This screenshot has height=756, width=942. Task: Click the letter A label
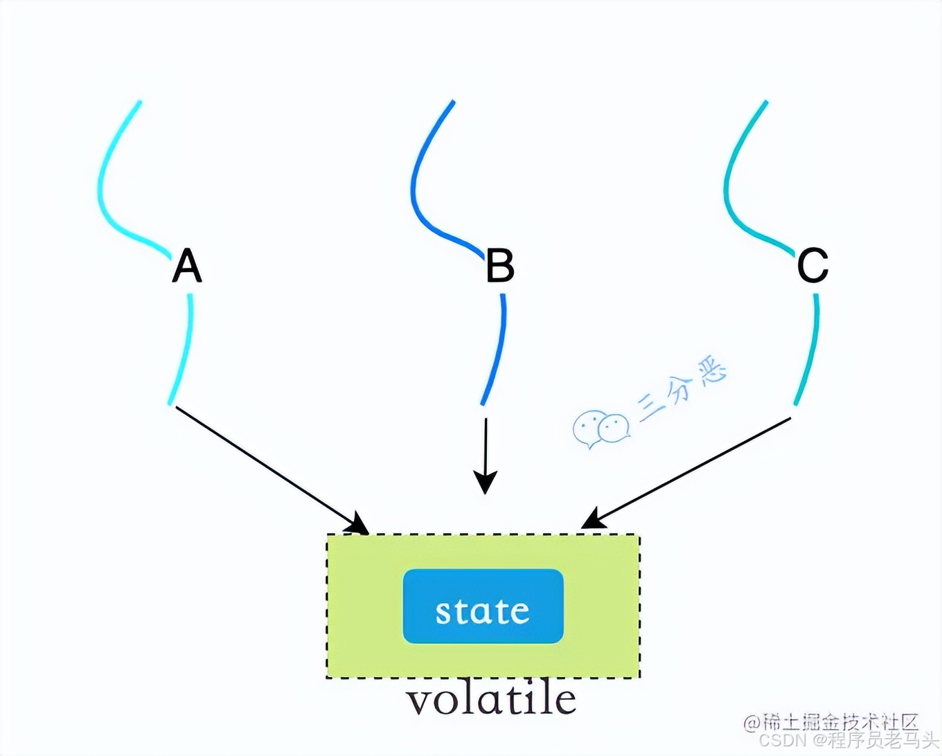187,267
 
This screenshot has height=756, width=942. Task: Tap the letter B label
499,265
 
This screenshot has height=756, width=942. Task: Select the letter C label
812,265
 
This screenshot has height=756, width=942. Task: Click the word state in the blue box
483,611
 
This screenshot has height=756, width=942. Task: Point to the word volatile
490,700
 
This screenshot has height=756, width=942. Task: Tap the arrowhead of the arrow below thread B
486,480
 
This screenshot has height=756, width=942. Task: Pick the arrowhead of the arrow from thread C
592,519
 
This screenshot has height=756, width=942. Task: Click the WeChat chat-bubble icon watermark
600,429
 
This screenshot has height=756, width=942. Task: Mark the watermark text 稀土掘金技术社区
839,722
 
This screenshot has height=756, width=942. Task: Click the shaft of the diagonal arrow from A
267,464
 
